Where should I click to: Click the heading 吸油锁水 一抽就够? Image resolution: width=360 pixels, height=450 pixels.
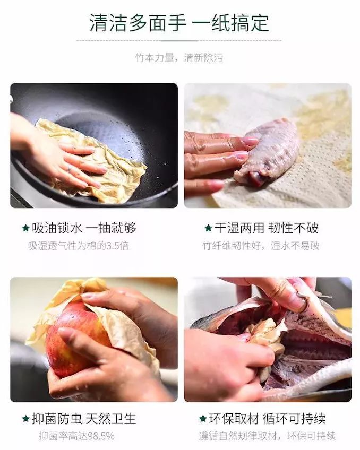point(84,228)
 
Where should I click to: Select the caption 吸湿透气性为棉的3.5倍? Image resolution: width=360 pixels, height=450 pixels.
point(78,245)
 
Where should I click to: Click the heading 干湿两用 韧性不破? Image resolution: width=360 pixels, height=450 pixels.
point(266,228)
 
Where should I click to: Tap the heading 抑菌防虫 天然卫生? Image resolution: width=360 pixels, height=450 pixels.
point(84,419)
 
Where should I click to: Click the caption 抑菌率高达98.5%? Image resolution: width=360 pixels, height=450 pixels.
point(76,436)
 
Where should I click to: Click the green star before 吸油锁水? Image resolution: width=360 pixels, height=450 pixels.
point(25,228)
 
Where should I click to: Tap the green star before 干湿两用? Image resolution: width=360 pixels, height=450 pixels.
point(208,228)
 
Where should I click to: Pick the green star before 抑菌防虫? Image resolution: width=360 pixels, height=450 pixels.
point(25,419)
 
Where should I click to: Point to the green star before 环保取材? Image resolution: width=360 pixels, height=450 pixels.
point(202,419)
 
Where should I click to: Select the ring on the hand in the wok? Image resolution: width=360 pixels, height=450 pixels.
point(67,168)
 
